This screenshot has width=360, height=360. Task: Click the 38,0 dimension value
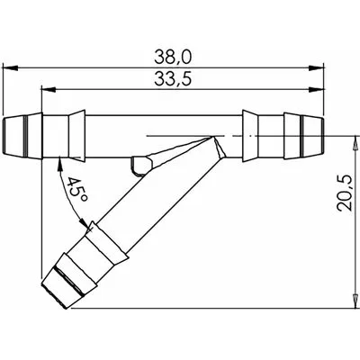(x=173, y=57)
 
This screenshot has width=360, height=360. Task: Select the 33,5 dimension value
(x=173, y=79)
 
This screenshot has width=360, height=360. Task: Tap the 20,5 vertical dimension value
(x=344, y=193)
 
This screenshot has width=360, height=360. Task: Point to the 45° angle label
(x=77, y=190)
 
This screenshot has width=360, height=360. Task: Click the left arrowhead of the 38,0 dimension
(x=10, y=68)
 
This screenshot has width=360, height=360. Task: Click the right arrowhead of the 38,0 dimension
(x=317, y=68)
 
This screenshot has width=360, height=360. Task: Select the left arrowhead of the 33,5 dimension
(x=49, y=89)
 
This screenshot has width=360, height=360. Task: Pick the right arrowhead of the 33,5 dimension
(x=317, y=89)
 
